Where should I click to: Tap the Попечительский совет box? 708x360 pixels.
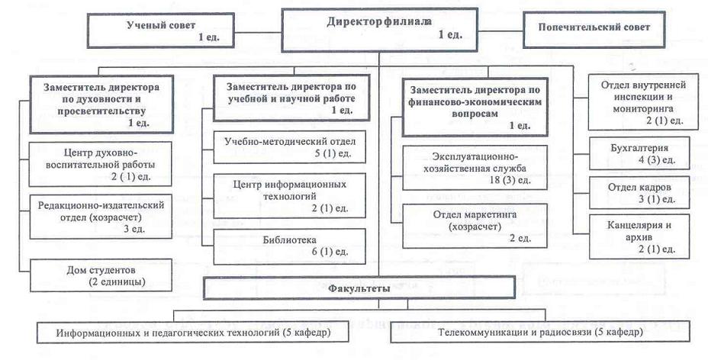pos(594,27)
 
